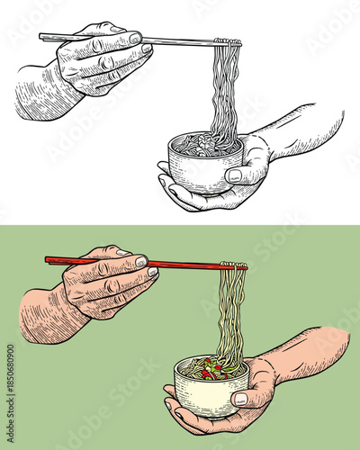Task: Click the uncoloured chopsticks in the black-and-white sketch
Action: pyautogui.click(x=180, y=40)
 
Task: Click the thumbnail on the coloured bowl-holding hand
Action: pyautogui.click(x=240, y=398)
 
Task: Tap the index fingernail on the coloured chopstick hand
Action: pyautogui.click(x=141, y=262)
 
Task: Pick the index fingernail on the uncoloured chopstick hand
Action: pyautogui.click(x=135, y=39)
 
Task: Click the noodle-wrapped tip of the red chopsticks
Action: pyautogui.click(x=234, y=266)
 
